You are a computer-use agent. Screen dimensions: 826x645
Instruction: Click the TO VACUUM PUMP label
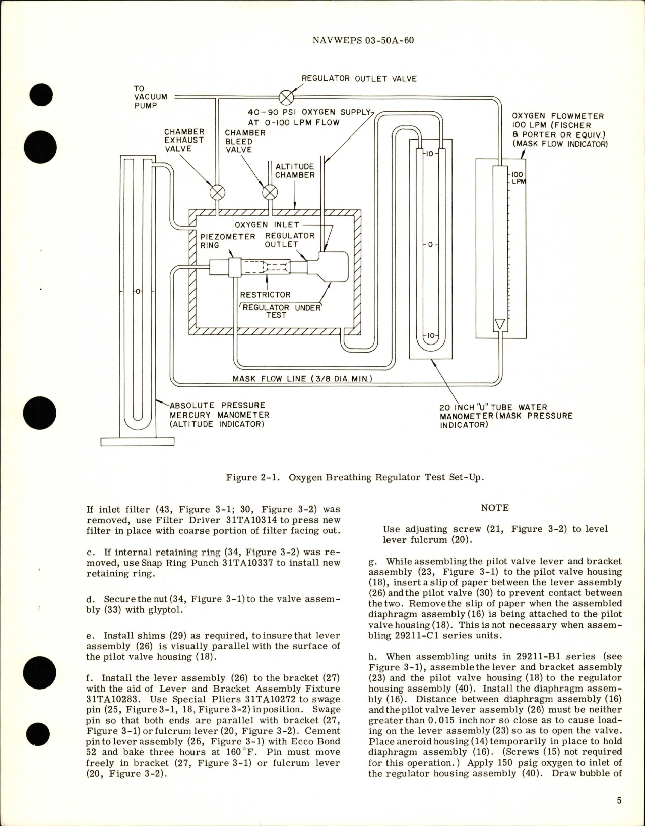[x=146, y=97]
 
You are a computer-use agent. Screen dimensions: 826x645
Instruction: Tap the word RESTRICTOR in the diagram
[x=265, y=295]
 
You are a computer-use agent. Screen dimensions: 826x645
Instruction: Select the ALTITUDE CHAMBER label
[x=295, y=171]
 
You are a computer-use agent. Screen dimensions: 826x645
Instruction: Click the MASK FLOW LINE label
[x=302, y=378]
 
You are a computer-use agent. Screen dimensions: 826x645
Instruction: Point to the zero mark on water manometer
[x=430, y=245]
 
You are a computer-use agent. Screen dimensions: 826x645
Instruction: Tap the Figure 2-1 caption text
[x=355, y=477]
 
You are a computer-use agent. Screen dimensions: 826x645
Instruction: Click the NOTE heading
[x=494, y=508]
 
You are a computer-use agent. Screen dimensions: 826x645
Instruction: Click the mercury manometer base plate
[x=137, y=442]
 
